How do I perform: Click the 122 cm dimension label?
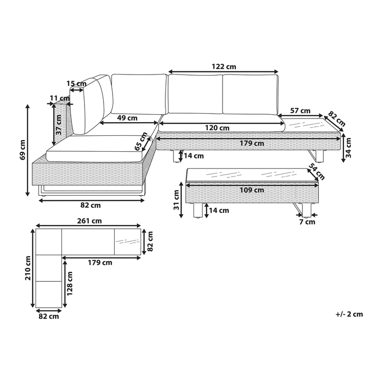point(224,67)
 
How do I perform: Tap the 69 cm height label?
point(23,150)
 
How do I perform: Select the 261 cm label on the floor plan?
point(89,221)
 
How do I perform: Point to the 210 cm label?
point(28,268)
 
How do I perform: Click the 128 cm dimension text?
point(70,283)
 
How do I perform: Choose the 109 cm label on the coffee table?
point(252,190)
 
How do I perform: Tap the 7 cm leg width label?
point(307,222)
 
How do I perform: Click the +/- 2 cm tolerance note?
point(349,314)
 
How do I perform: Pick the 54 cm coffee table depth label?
point(317,172)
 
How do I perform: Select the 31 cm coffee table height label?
point(177,200)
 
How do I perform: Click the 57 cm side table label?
point(300,110)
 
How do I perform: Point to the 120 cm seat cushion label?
point(217,128)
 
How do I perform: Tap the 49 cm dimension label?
point(127,118)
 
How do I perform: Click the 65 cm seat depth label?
point(141,141)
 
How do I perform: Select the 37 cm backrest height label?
point(59,125)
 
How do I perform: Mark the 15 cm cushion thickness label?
point(76,84)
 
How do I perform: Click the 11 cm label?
point(59,98)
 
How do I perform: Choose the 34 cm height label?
point(348,147)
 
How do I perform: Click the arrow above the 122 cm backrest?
point(224,72)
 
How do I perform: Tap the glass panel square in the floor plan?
point(128,242)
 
